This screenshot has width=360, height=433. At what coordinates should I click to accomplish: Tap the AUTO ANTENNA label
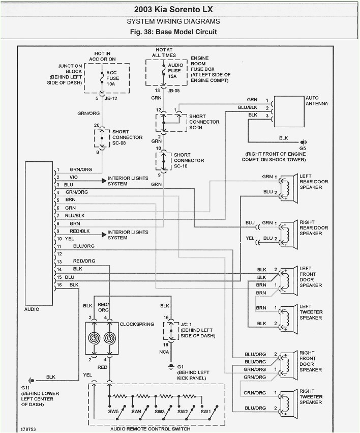click(x=316, y=100)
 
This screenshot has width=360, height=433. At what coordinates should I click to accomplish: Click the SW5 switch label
click(x=113, y=411)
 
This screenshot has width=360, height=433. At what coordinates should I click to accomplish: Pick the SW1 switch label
click(x=205, y=411)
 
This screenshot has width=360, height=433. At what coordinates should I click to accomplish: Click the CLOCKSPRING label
click(x=137, y=324)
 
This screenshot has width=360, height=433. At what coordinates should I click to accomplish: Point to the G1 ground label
click(x=182, y=366)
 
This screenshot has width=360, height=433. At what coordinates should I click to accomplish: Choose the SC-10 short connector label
click(x=182, y=166)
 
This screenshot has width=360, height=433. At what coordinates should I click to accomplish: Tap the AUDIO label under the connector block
click(x=32, y=309)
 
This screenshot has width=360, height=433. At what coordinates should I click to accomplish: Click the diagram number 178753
click(x=29, y=428)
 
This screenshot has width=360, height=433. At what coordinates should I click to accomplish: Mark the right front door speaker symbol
click(x=287, y=363)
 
